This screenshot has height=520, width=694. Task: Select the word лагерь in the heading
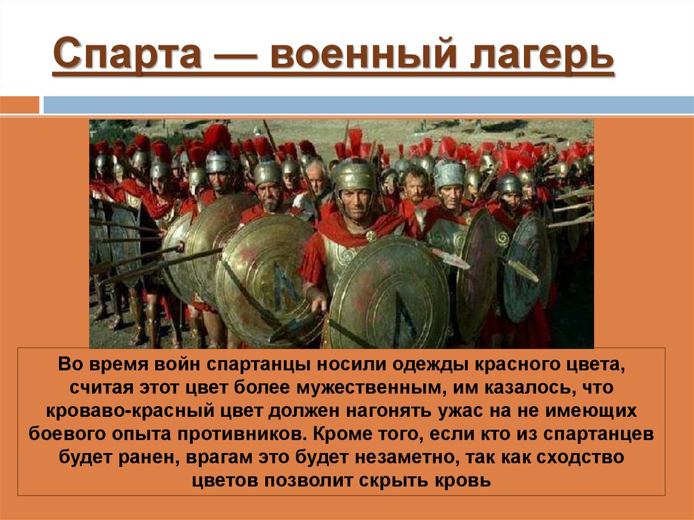(539, 57)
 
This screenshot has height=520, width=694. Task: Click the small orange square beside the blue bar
(20, 105)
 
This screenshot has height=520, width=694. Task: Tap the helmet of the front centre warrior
(354, 174)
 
